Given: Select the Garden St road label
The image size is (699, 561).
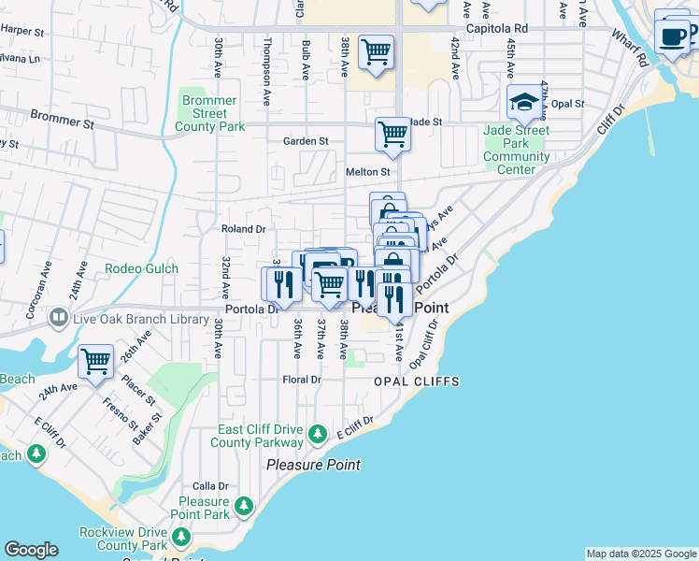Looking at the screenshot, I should point(306,141).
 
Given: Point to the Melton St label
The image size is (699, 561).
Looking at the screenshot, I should point(367,172).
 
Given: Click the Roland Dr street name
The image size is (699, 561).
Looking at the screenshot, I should point(244,228).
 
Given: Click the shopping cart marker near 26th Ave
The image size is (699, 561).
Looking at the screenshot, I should point(95,361).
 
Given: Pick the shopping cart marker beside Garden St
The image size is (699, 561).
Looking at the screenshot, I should point(393,134).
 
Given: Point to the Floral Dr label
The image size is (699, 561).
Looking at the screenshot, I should point(302,380).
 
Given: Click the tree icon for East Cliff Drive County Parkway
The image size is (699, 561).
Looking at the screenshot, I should point(318,434).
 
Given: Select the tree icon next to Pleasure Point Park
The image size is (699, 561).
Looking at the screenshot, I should point(244,506).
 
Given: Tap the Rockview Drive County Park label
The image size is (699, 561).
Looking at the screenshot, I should point(121,539).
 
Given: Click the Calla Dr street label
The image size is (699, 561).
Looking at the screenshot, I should point(210,486).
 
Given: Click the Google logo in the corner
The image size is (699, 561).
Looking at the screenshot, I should point(31,550).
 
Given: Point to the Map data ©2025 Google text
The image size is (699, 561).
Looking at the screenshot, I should point(641,554).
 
